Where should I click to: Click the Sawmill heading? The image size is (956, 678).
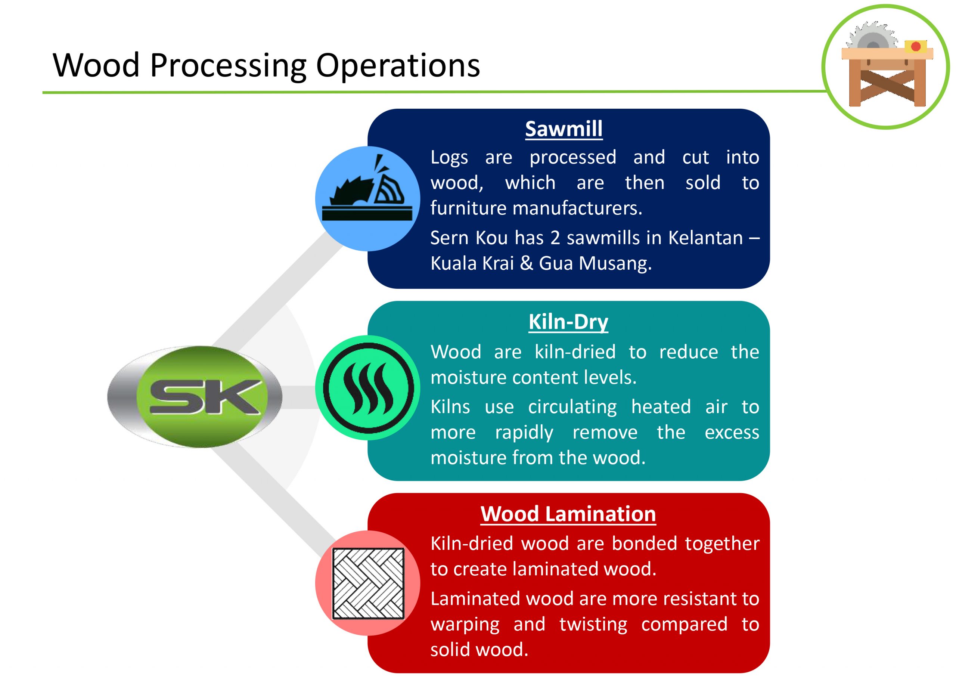tap(564, 129)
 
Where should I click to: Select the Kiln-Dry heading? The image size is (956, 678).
tap(568, 322)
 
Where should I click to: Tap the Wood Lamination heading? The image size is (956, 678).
tap(568, 514)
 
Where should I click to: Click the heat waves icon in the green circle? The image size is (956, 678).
tap(368, 388)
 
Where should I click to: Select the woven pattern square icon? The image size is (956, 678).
tap(368, 583)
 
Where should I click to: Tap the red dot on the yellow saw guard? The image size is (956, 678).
tap(916, 46)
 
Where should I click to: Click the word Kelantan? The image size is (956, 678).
tap(705, 238)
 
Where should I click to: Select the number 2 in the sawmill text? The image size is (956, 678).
tap(555, 238)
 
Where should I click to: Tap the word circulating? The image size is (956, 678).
tap(572, 407)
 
